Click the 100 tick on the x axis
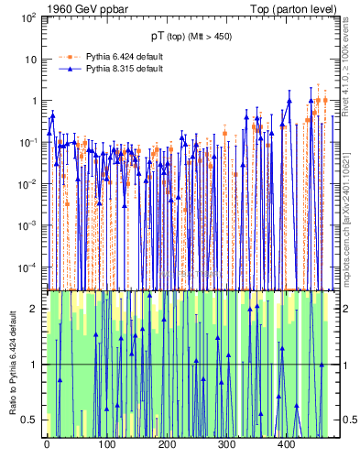coord(106,444)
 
